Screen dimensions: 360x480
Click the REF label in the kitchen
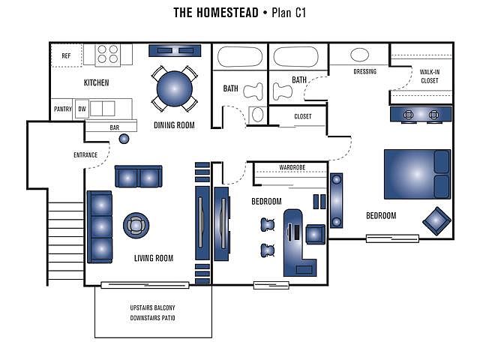pos(66,55)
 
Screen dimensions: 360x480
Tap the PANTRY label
pos(62,109)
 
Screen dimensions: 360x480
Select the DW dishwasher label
pos(82,109)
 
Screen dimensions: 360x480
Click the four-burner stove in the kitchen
pos(108,54)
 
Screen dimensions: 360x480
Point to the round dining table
pos(173,89)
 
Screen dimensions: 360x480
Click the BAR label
pos(115,128)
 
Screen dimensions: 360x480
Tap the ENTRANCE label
pos(85,155)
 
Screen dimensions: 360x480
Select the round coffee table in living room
pos(136,224)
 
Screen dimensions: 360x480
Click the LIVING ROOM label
pos(154,259)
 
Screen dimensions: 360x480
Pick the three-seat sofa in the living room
pos(100,226)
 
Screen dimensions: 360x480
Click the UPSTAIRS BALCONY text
pos(153,308)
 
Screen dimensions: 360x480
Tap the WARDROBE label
pos(291,167)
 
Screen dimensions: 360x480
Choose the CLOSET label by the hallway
pos(303,116)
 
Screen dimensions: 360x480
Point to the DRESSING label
pos(364,72)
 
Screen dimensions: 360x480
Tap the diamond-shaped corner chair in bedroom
pos(436,221)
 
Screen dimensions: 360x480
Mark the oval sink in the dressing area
pos(360,55)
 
